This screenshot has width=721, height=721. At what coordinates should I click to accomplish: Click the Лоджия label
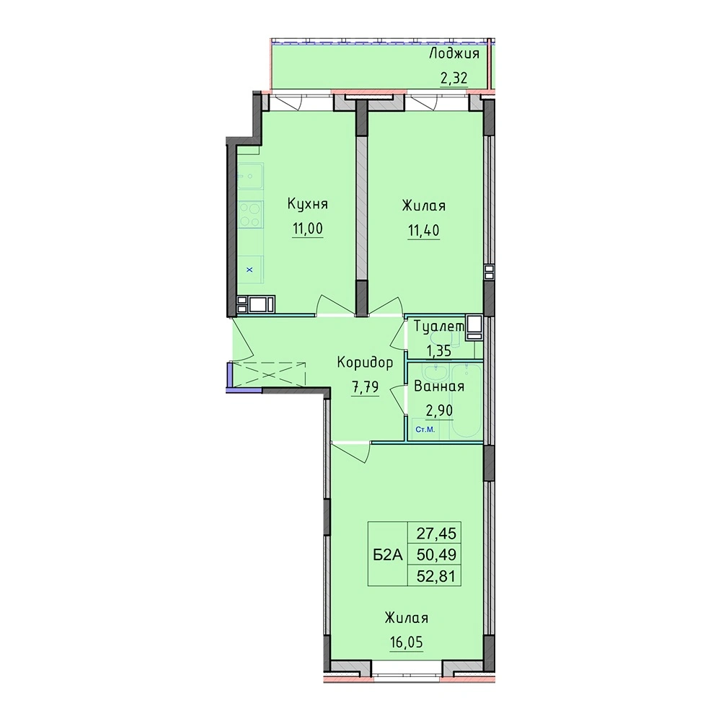[454, 55]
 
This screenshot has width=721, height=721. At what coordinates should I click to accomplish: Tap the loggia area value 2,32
[454, 79]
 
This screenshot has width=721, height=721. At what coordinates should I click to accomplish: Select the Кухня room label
[308, 204]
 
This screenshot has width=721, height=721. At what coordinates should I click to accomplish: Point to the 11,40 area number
[423, 230]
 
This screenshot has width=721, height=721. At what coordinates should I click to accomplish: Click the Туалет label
[440, 327]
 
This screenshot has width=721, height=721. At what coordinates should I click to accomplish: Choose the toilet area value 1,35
[438, 351]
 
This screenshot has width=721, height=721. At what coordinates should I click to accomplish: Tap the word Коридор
[365, 363]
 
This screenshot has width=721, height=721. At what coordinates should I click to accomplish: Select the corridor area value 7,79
[365, 387]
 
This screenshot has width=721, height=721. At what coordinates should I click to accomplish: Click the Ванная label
[439, 386]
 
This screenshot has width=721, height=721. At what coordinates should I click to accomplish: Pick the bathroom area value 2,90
[439, 410]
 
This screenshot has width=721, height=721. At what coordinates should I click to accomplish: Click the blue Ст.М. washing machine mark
[425, 430]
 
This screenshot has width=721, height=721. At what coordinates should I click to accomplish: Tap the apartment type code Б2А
[388, 555]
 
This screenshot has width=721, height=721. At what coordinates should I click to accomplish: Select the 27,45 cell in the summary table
[436, 534]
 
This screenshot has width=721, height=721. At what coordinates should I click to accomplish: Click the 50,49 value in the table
[436, 555]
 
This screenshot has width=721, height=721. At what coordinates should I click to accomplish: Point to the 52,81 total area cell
[436, 576]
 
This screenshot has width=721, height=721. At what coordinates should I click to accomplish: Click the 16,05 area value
[406, 642]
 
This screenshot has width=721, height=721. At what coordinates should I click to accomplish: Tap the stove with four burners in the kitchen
[250, 214]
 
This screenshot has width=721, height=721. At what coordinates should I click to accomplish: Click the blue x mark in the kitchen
[249, 270]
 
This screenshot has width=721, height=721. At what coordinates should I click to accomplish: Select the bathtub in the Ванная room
[466, 400]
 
